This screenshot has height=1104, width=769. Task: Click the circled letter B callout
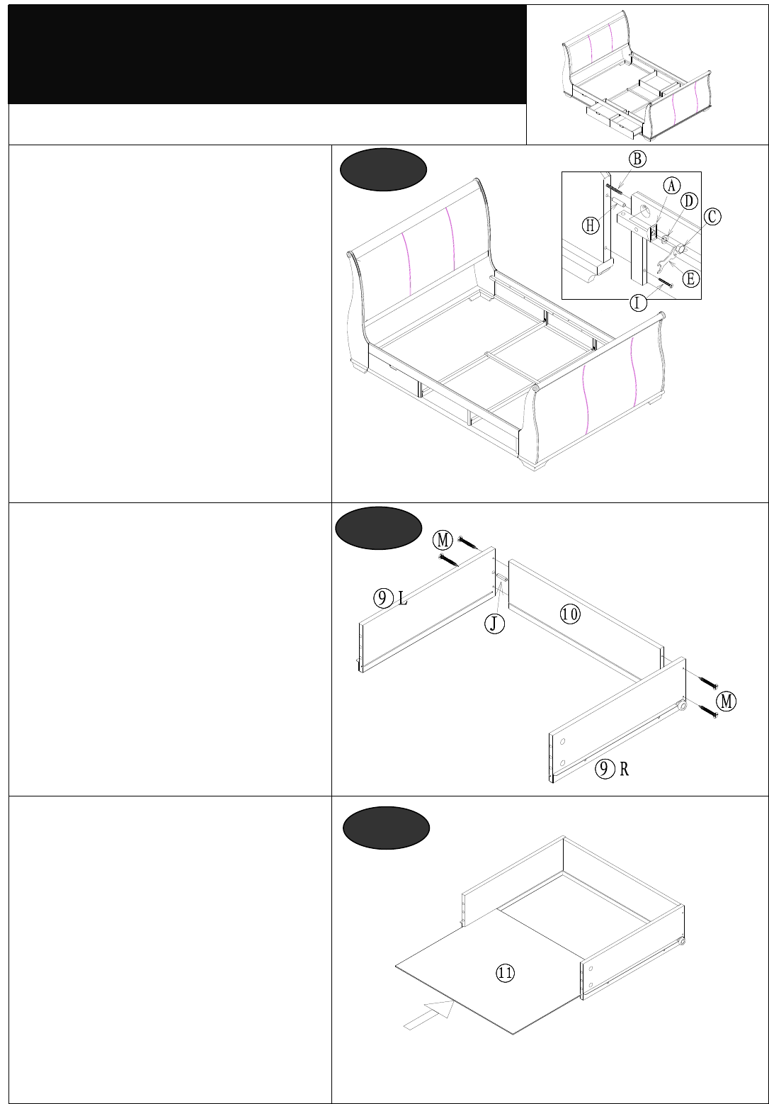(637, 159)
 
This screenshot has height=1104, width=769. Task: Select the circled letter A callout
(671, 186)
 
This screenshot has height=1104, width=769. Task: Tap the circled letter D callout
(689, 201)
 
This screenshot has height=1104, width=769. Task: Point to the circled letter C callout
(712, 216)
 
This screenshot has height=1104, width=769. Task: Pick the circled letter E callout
(690, 278)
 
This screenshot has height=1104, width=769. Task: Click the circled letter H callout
(591, 226)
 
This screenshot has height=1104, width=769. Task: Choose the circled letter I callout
(639, 302)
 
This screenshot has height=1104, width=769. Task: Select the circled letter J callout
(494, 624)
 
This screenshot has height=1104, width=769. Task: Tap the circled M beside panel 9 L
(443, 540)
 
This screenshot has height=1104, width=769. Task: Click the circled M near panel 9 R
(726, 701)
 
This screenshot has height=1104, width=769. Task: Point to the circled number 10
(570, 614)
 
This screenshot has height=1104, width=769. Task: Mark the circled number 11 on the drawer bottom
(504, 972)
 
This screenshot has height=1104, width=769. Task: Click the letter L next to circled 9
(403, 599)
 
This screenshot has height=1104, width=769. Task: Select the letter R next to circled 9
(624, 769)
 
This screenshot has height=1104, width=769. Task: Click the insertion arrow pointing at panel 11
(429, 1015)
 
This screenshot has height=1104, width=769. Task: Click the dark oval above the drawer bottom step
(386, 828)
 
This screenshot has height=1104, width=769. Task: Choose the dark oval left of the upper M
(378, 528)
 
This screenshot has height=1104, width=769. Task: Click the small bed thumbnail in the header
(636, 75)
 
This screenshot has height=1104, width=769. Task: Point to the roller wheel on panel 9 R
(682, 706)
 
